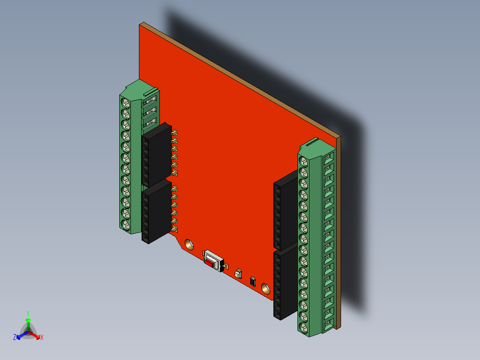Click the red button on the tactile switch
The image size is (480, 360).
click(x=209, y=262)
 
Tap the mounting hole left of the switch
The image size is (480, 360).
click(x=189, y=244)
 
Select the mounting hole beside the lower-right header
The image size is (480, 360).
click(x=266, y=288)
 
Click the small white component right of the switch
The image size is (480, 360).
click(x=239, y=273)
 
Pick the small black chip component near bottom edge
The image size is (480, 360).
click(x=253, y=281)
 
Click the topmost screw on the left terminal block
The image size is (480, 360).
click(x=126, y=103)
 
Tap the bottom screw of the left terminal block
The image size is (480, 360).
click(x=126, y=225)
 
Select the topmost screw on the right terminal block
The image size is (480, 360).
click(x=305, y=161)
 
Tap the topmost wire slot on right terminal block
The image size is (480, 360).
click(x=329, y=157)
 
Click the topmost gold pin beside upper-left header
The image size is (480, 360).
click(x=175, y=132)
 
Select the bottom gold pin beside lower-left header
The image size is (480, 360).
click(x=175, y=229)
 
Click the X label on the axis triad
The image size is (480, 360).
click(x=42, y=337)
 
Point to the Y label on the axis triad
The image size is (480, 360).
click(x=28, y=313)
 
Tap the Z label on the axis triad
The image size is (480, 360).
click(x=15, y=337)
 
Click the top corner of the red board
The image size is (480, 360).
click(x=142, y=25)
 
